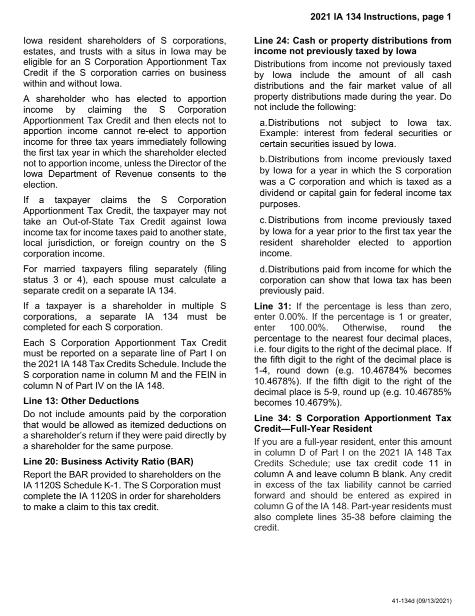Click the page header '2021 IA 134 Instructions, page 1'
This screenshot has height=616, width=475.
(x=380, y=17)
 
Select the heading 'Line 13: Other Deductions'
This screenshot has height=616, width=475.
(x=81, y=401)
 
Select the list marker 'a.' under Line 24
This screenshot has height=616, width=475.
(x=264, y=123)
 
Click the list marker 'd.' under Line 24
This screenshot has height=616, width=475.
(x=264, y=269)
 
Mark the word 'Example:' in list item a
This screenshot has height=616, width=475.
(x=278, y=134)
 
